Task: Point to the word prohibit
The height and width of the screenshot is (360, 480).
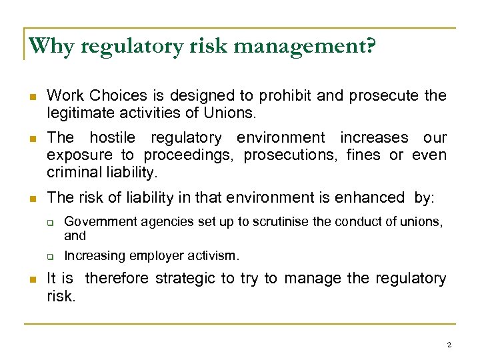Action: coord(286,96)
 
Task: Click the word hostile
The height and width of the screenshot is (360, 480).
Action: coord(112,138)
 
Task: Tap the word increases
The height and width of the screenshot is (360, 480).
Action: coord(374,138)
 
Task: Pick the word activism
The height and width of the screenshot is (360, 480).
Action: coord(211,255)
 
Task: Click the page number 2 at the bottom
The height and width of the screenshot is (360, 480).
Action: coord(449,345)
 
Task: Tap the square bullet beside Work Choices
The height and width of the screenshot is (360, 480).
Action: coord(27,97)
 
